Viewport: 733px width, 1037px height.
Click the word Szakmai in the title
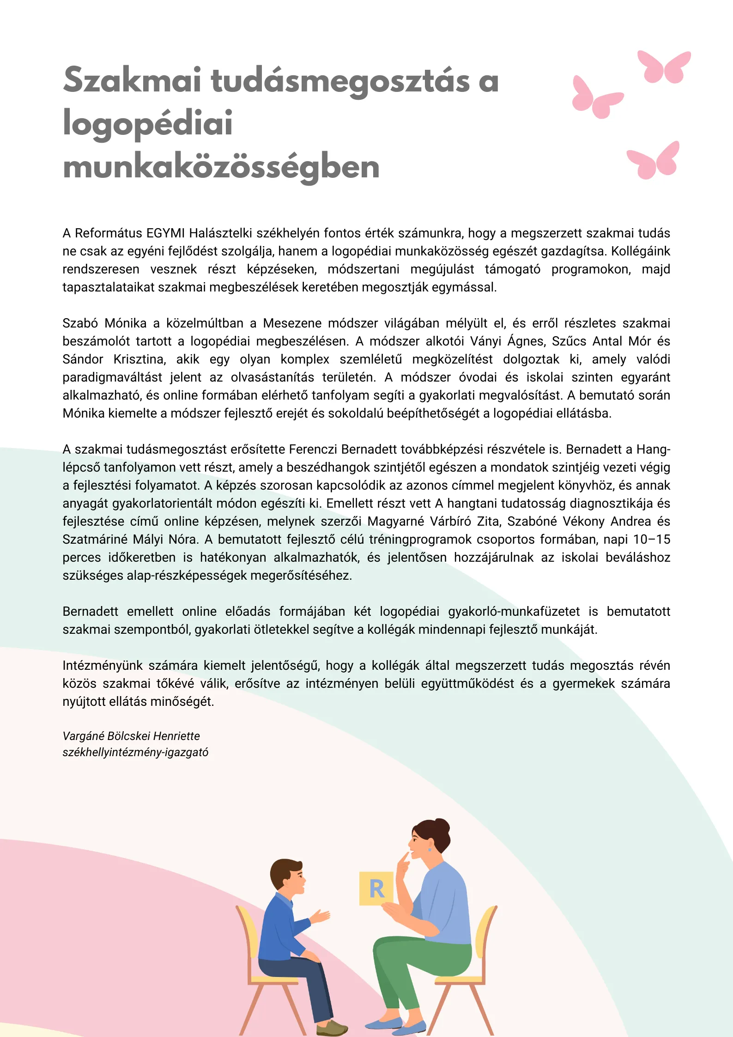[132, 80]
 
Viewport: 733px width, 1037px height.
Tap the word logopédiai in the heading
[147, 124]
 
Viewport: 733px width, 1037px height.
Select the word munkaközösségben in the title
[221, 167]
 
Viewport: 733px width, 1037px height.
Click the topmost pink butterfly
[664, 67]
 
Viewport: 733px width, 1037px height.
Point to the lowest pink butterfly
[653, 161]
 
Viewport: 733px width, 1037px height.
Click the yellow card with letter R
[376, 888]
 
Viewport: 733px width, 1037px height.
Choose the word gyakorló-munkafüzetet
[514, 612]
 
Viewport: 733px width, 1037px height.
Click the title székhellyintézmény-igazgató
[135, 752]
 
